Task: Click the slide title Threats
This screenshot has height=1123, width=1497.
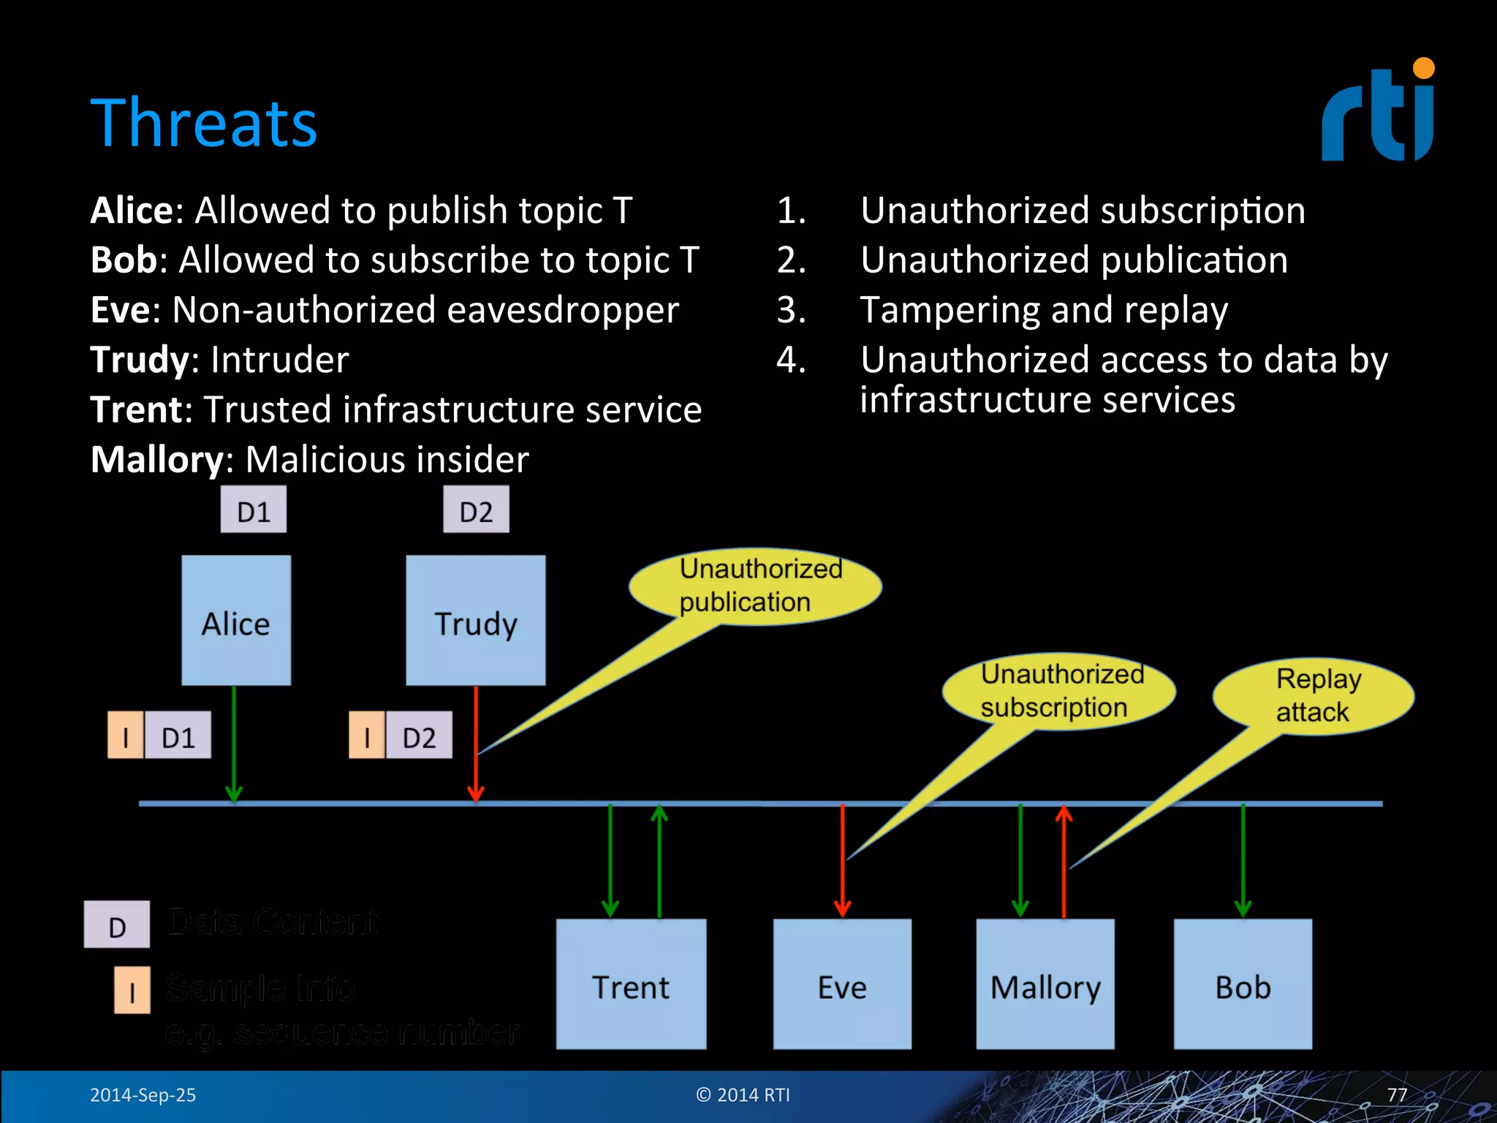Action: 203,123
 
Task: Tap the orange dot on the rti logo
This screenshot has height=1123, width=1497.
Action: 1423,69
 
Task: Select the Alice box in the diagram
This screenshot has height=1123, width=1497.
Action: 235,620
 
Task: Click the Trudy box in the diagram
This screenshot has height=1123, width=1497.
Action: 475,620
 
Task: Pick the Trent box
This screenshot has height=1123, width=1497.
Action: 631,984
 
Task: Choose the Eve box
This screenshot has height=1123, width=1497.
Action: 842,984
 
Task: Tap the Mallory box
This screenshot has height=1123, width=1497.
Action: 1045,984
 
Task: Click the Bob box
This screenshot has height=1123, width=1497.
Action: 1243,984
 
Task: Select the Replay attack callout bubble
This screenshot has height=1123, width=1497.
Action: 1314,696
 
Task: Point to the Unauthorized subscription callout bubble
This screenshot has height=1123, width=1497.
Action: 1059,691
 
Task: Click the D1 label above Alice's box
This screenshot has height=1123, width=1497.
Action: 254,510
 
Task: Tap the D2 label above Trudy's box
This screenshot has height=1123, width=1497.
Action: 476,510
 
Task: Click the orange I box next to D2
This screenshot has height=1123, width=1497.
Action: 367,736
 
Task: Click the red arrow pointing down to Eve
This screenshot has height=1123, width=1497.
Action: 842,860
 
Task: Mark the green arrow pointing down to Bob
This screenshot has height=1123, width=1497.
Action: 1243,860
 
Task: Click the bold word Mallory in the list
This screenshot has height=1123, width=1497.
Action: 156,460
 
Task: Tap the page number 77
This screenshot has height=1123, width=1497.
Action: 1397,1094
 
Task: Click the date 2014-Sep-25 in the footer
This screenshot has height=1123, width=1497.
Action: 143,1094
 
